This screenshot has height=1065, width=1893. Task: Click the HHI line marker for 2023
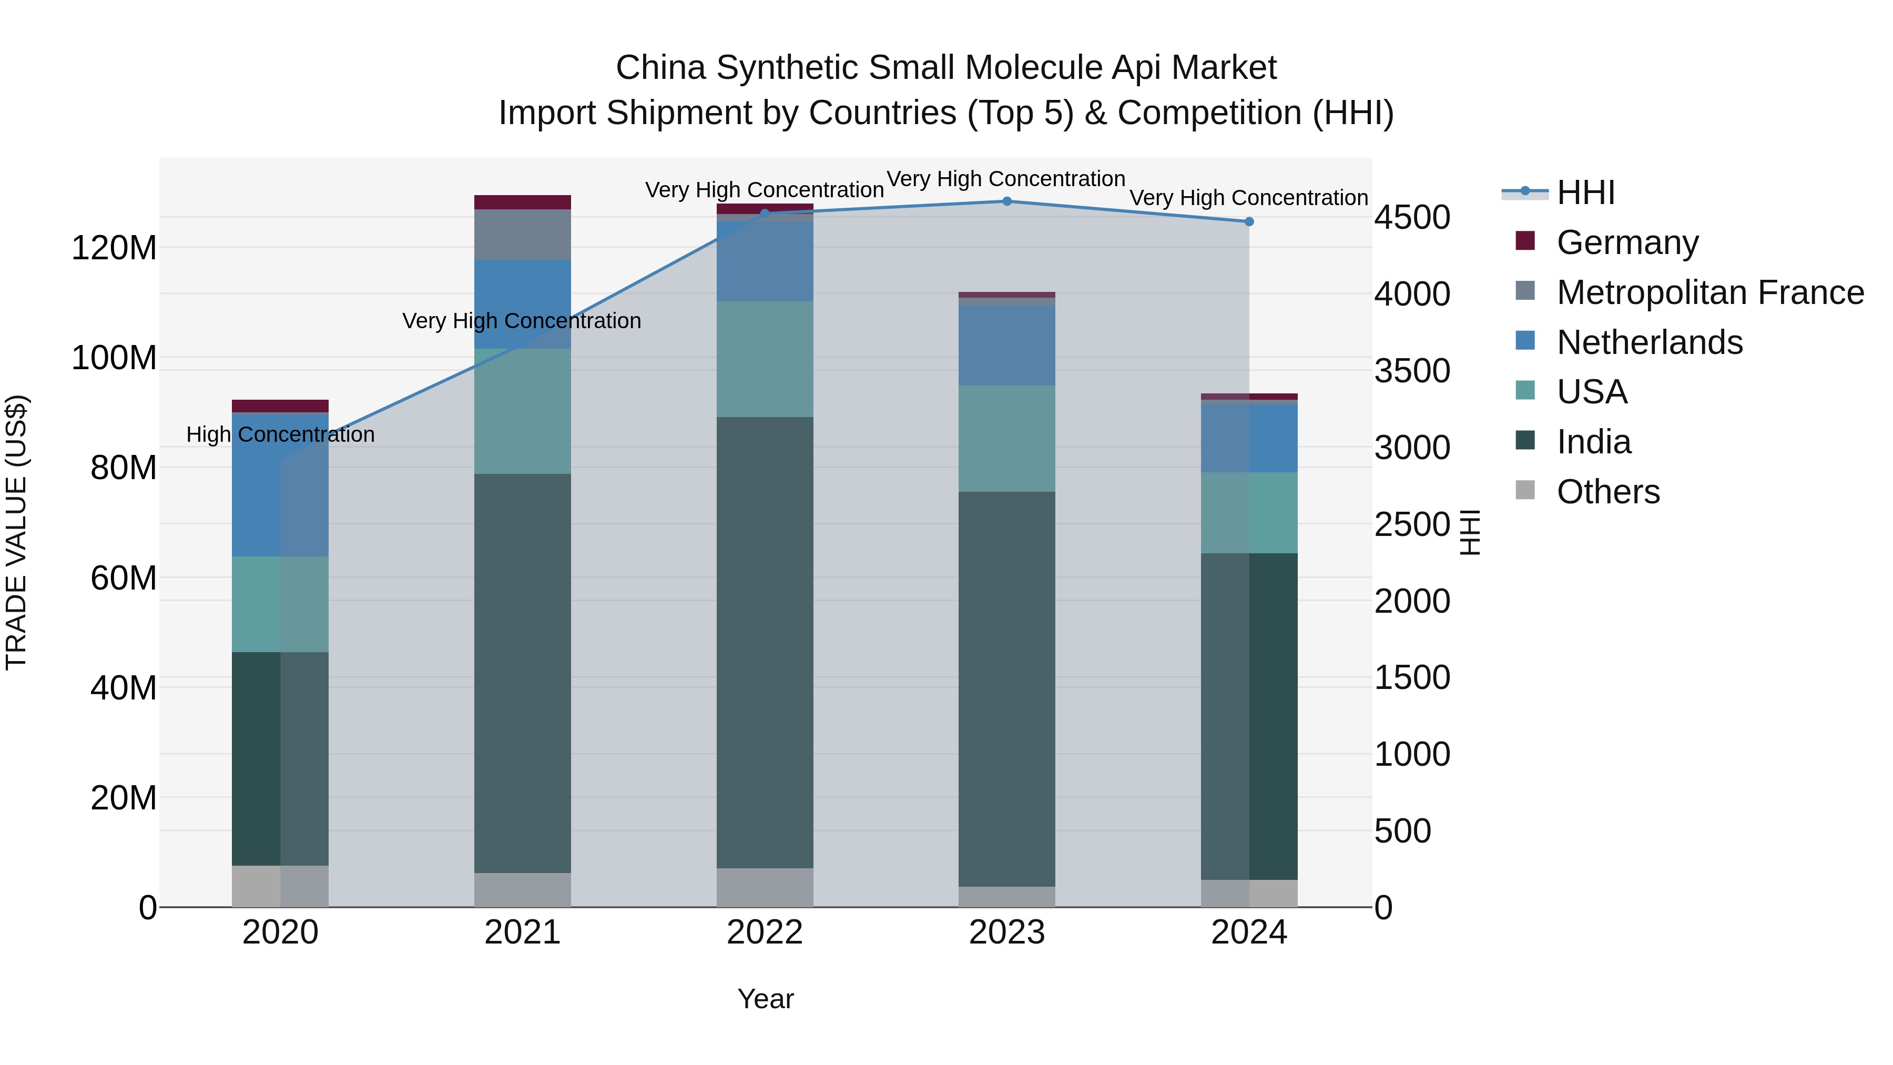[x=1007, y=201]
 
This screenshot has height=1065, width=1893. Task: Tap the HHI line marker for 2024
[x=1248, y=222]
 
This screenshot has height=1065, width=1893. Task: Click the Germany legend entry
[x=1626, y=242]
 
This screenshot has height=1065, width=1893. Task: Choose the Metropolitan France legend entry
[x=1709, y=292]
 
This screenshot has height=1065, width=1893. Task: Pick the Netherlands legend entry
[x=1649, y=342]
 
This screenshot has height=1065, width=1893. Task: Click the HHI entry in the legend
[x=1585, y=192]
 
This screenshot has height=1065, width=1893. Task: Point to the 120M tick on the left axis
[x=114, y=248]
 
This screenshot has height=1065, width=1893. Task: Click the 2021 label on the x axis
[x=523, y=932]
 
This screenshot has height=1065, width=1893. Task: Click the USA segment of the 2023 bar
[x=1007, y=439]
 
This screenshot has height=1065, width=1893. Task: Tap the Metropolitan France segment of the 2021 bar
[x=523, y=235]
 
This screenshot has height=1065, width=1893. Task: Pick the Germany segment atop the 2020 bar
[x=280, y=405]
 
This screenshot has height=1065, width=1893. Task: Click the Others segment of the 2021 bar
[x=523, y=889]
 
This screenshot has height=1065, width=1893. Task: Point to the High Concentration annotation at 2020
[x=280, y=434]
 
